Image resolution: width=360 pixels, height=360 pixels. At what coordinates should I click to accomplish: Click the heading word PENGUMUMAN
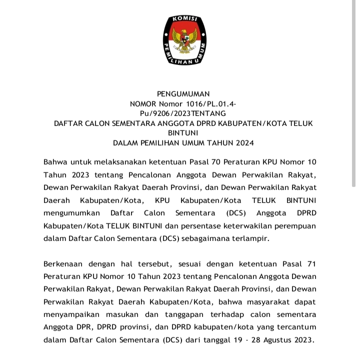183,93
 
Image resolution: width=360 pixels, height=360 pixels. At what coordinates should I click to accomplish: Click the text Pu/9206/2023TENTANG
183,113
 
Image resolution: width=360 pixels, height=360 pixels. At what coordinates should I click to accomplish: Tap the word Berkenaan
62,263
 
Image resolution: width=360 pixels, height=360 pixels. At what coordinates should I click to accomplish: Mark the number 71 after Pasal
311,263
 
